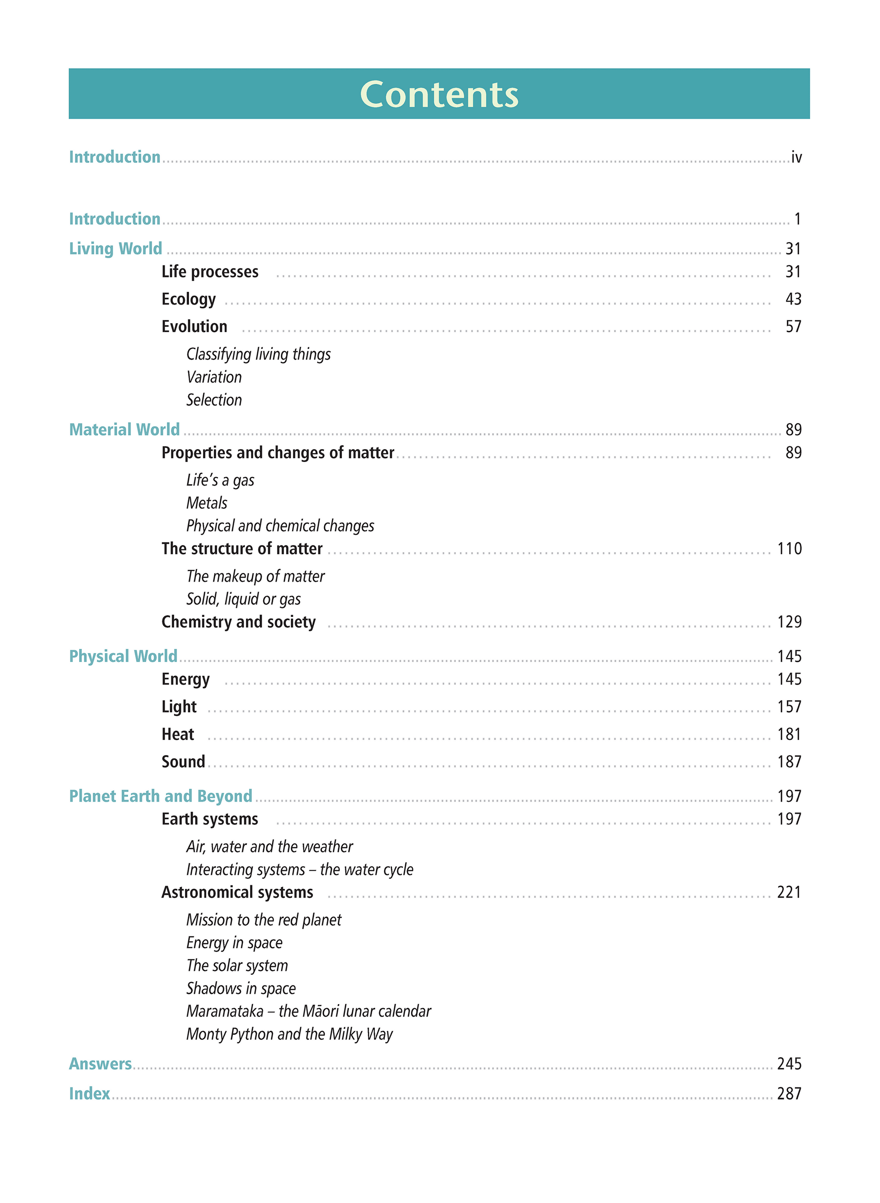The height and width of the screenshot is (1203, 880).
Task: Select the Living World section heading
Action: [116, 249]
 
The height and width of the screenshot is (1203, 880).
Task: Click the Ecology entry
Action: [189, 299]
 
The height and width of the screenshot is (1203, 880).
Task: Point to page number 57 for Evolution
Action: [793, 326]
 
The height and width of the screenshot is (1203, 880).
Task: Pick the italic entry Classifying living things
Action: [258, 354]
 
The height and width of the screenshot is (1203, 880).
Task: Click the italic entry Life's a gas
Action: [220, 480]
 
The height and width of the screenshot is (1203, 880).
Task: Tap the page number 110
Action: [789, 549]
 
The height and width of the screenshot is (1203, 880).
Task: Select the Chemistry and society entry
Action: [239, 622]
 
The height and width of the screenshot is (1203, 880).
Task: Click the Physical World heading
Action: [123, 656]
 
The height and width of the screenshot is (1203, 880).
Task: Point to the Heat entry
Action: [178, 734]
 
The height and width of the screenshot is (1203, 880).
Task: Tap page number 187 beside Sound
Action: [789, 762]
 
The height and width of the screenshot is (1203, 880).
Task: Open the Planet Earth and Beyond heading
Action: [161, 796]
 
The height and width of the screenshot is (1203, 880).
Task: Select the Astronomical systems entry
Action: [237, 892]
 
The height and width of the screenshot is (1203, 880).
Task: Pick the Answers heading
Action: [100, 1063]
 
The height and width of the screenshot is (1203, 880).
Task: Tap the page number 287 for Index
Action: [789, 1093]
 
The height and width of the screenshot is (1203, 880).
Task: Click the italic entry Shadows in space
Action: [241, 988]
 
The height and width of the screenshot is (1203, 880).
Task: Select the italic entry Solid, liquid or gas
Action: [243, 599]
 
